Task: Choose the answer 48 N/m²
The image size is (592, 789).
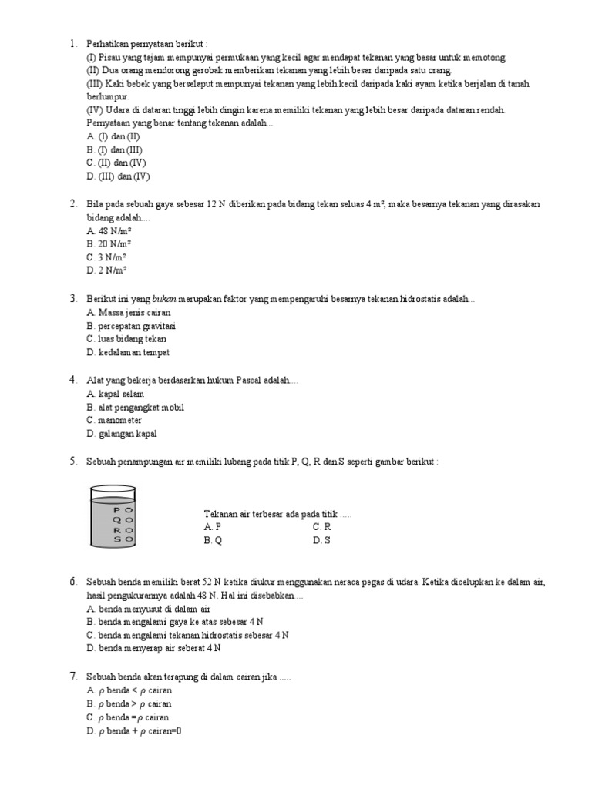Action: pos(109,230)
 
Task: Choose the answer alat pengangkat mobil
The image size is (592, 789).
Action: pos(136,407)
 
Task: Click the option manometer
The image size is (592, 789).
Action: pos(115,421)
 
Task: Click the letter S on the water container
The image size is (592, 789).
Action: pos(117,540)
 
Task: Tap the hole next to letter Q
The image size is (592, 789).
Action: pos(129,520)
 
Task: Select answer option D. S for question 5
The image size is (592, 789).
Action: pos(321,541)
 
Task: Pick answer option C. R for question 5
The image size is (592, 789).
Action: pos(321,527)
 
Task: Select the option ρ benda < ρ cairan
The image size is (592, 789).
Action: pos(129,690)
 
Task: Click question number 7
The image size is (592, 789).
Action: pos(72,677)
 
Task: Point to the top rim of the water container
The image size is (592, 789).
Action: pos(113,489)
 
